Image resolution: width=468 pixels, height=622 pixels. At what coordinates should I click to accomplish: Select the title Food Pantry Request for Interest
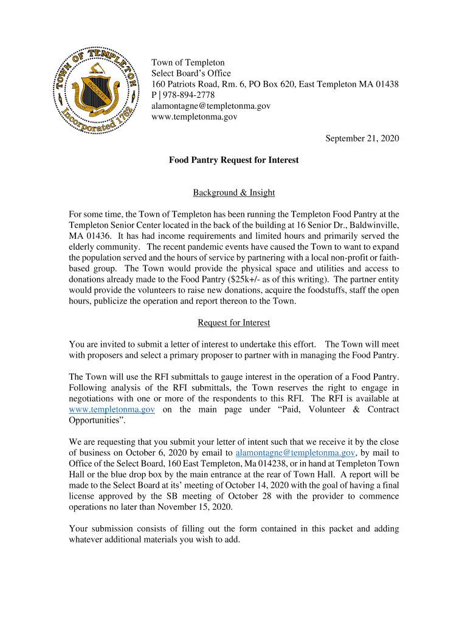[234, 160]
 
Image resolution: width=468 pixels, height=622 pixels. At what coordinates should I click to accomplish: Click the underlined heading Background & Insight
[234, 193]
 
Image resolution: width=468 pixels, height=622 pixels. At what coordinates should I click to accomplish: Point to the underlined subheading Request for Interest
[234, 323]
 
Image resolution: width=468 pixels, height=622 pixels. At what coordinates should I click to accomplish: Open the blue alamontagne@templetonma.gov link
[295, 453]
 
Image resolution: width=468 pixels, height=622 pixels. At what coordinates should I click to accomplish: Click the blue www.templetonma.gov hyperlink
[112, 409]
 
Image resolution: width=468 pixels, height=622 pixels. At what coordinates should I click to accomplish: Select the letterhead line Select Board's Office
[191, 73]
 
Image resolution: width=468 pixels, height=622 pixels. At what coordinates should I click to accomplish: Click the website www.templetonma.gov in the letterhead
[194, 117]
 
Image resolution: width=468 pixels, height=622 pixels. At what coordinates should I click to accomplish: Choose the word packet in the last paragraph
[339, 528]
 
